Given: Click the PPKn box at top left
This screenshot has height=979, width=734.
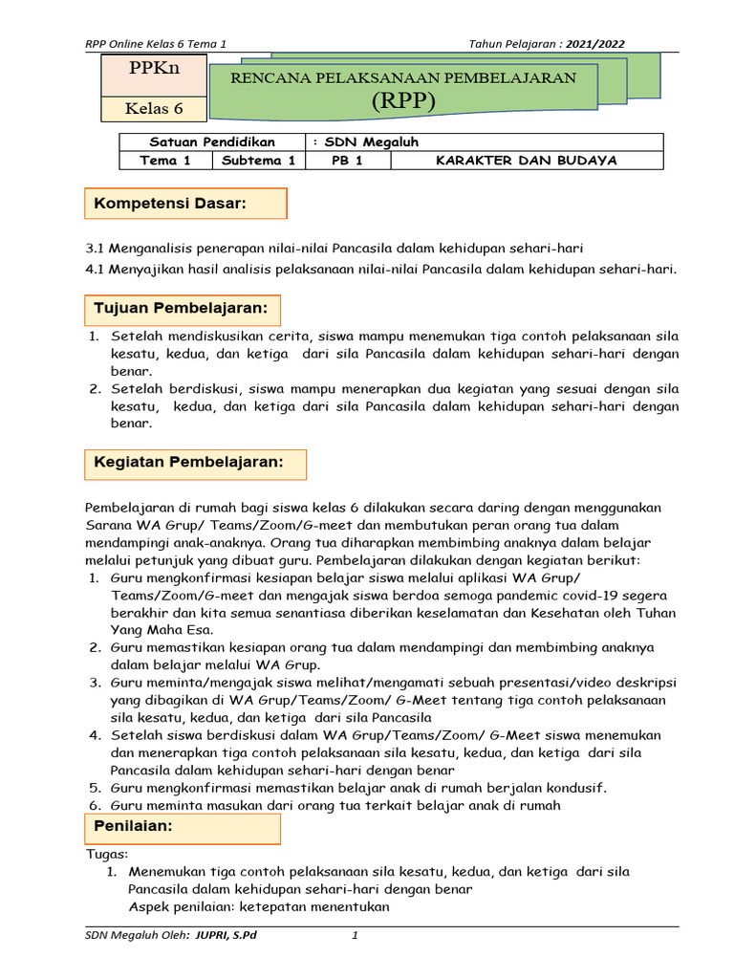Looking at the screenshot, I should pyautogui.click(x=154, y=69).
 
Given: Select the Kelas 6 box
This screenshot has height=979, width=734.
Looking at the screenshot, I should pyautogui.click(x=154, y=108).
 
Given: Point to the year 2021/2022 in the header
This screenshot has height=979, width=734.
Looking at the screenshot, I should pyautogui.click(x=595, y=44).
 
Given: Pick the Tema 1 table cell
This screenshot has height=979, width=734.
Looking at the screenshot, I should pyautogui.click(x=165, y=161).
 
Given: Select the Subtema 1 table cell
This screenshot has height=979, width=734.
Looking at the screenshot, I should pyautogui.click(x=258, y=161).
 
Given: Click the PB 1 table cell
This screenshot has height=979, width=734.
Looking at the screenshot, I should pyautogui.click(x=347, y=161).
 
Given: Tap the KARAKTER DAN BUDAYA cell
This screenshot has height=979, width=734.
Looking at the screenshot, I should pyautogui.click(x=526, y=161).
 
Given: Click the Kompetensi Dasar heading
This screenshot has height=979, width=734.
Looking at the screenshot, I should pyautogui.click(x=169, y=204).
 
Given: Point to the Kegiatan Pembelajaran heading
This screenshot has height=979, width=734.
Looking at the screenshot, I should pyautogui.click(x=188, y=463).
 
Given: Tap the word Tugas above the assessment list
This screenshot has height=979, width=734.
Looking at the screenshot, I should pyautogui.click(x=107, y=854).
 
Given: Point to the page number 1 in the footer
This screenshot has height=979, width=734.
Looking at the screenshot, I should pyautogui.click(x=354, y=935).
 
